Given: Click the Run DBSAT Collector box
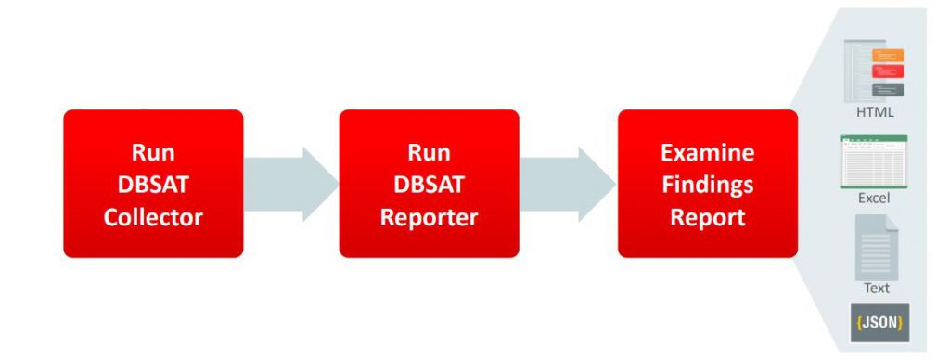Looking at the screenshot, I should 153,184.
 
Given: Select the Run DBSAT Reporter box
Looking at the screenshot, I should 429,184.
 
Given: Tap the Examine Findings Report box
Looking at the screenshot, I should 707,184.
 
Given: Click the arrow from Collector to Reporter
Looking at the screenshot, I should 291,184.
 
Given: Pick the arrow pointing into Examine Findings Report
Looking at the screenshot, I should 568,184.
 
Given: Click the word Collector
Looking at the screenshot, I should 153,218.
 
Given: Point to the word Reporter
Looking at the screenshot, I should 429,218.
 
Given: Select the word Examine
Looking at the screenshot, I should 707,152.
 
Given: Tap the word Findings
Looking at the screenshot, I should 707,185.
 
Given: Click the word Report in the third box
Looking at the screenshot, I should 707,218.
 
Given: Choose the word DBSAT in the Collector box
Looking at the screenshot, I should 153,185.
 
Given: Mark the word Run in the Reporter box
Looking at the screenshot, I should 429,152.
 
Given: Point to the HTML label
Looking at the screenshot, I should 875,113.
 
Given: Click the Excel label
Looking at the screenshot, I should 874,198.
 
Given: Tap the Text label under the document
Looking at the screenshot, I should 876,288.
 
